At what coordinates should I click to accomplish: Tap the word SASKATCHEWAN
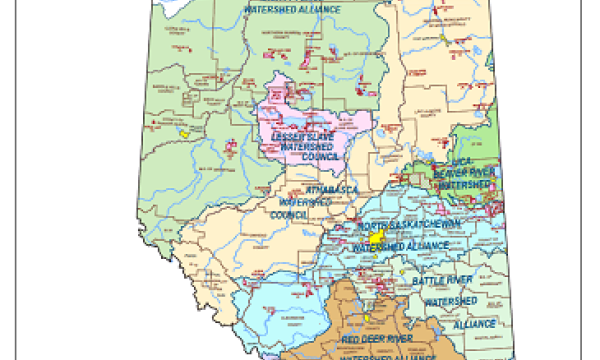tap(420, 226)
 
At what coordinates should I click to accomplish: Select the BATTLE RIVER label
tap(442, 281)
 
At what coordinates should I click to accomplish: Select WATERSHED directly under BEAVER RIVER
tap(464, 185)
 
